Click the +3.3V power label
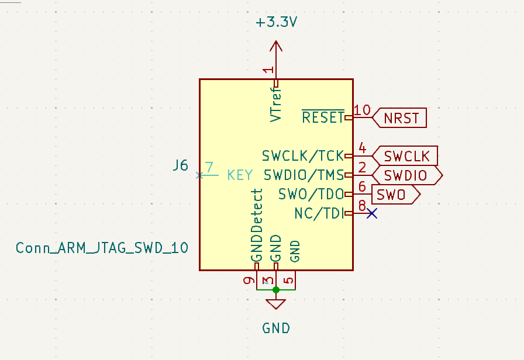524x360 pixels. [276, 23]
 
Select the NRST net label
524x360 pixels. [401, 118]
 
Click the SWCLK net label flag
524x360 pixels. [406, 156]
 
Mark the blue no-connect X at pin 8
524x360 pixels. [371, 214]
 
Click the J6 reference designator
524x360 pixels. [180, 165]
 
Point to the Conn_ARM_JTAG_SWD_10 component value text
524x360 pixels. [102, 248]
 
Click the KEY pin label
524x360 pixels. [240, 175]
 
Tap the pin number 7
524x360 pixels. [209, 167]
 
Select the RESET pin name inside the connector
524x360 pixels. [323, 117]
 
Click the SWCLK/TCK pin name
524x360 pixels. [302, 156]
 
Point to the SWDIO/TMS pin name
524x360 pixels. [304, 175]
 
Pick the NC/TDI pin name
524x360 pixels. [319, 214]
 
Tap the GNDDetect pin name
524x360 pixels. [256, 226]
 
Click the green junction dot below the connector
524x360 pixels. [276, 289]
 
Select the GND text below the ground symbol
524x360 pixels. [276, 328]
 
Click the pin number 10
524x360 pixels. [363, 110]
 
